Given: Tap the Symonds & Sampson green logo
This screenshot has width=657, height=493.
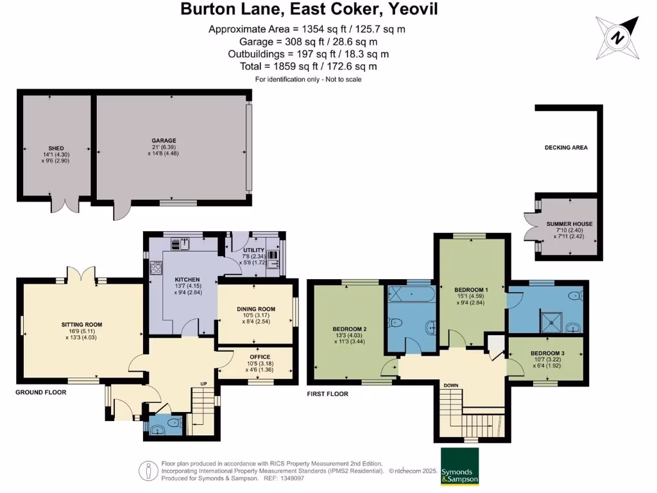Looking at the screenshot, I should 459,466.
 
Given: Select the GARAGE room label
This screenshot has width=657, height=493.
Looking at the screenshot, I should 164,141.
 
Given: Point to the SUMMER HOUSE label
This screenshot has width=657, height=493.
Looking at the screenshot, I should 569,224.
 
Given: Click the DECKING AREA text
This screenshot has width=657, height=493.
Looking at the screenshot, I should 566,148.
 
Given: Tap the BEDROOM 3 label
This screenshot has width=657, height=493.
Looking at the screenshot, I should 547,354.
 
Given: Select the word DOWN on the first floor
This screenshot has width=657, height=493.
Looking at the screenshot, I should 450,385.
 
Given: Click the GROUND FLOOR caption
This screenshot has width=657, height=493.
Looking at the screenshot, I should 40,392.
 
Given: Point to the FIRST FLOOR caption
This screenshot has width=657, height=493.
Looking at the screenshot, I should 327,394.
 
